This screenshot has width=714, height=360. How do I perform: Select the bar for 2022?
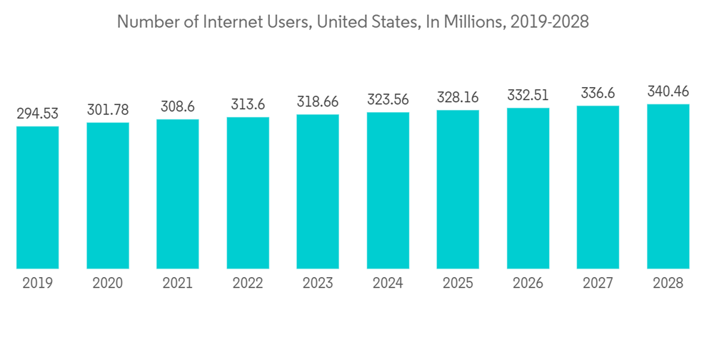[x=248, y=193]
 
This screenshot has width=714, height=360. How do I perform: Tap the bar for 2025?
[x=458, y=189]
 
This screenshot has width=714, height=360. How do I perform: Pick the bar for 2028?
[x=668, y=186]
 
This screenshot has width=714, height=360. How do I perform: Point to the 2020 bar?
[x=108, y=196]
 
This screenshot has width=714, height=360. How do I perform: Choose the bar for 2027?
[x=598, y=187]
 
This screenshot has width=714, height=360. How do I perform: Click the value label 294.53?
[x=38, y=114]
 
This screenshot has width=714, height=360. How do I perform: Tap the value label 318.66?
[x=318, y=101]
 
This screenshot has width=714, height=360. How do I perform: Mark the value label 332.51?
[x=528, y=95]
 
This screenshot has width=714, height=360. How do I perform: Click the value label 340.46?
[x=668, y=91]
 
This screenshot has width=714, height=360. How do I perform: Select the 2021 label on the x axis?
[x=178, y=284]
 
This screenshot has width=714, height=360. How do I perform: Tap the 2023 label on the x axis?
[x=318, y=284]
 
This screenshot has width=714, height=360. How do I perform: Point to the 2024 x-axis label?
[x=388, y=284]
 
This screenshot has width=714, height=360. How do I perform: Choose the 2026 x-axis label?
[x=528, y=284]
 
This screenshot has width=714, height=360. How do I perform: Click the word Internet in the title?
[x=228, y=22]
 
